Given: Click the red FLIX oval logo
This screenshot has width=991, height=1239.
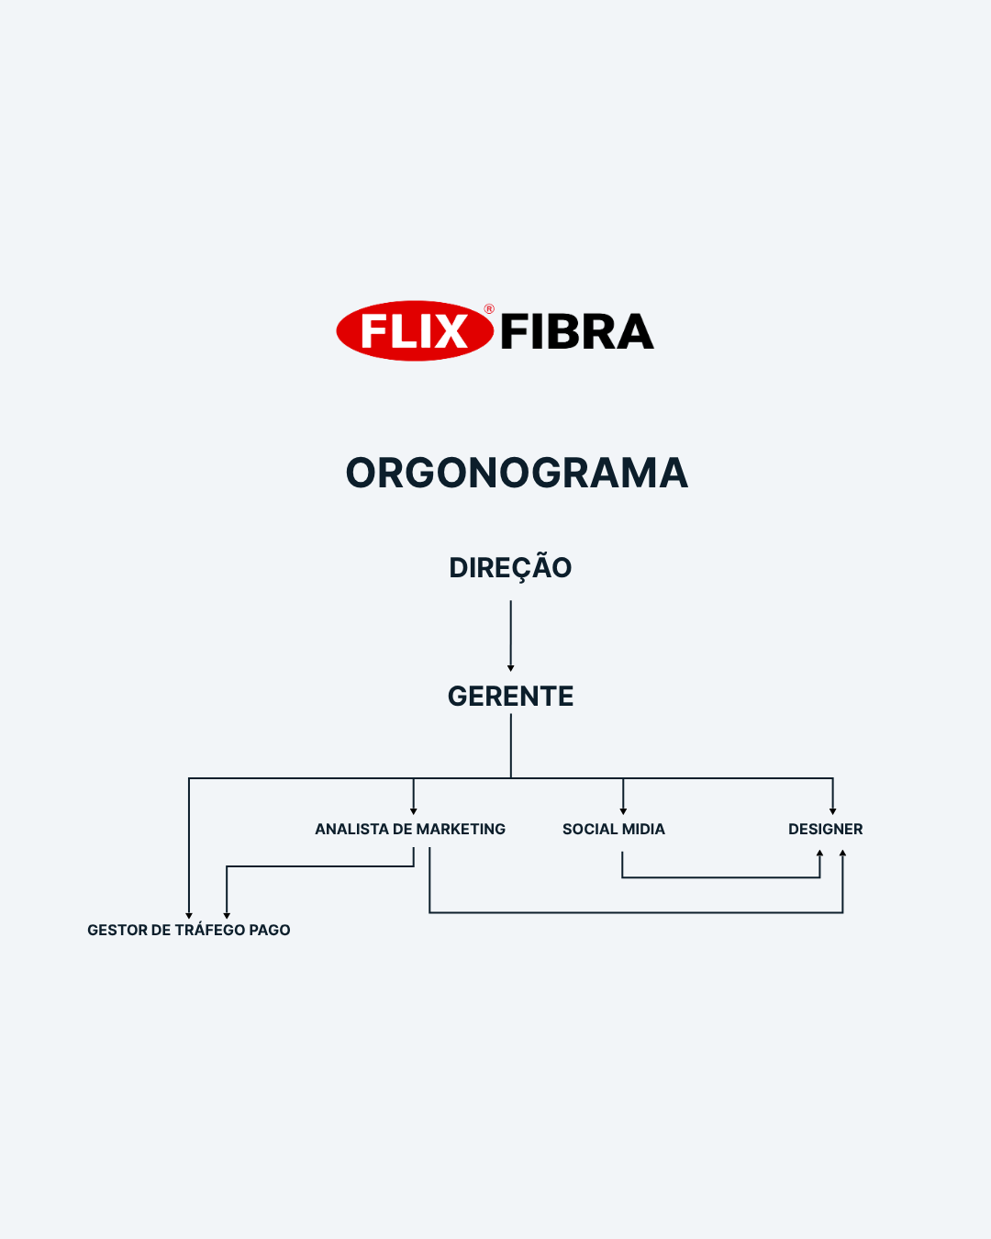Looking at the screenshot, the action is coord(415,330).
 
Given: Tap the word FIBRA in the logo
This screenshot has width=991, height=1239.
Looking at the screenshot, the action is coord(577,331).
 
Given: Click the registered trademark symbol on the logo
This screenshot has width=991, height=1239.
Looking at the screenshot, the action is coord(489,309).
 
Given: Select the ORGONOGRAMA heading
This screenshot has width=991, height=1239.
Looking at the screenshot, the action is coord(517,474).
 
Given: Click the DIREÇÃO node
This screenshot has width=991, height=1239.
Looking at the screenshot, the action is coord(510,568).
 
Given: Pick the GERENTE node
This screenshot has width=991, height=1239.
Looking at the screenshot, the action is coord(511,696).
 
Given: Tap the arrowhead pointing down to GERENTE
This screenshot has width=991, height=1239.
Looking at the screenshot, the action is coord(511,668).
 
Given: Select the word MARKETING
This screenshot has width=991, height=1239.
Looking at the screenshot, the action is coord(461,829).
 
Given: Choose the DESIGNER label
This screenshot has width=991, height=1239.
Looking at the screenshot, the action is coord(826,829).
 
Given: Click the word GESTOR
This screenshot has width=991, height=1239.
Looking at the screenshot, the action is coord(117,930).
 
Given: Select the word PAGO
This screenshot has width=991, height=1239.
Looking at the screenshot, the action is coord(270,930).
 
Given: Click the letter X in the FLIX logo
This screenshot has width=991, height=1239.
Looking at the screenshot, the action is coord(449,331).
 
